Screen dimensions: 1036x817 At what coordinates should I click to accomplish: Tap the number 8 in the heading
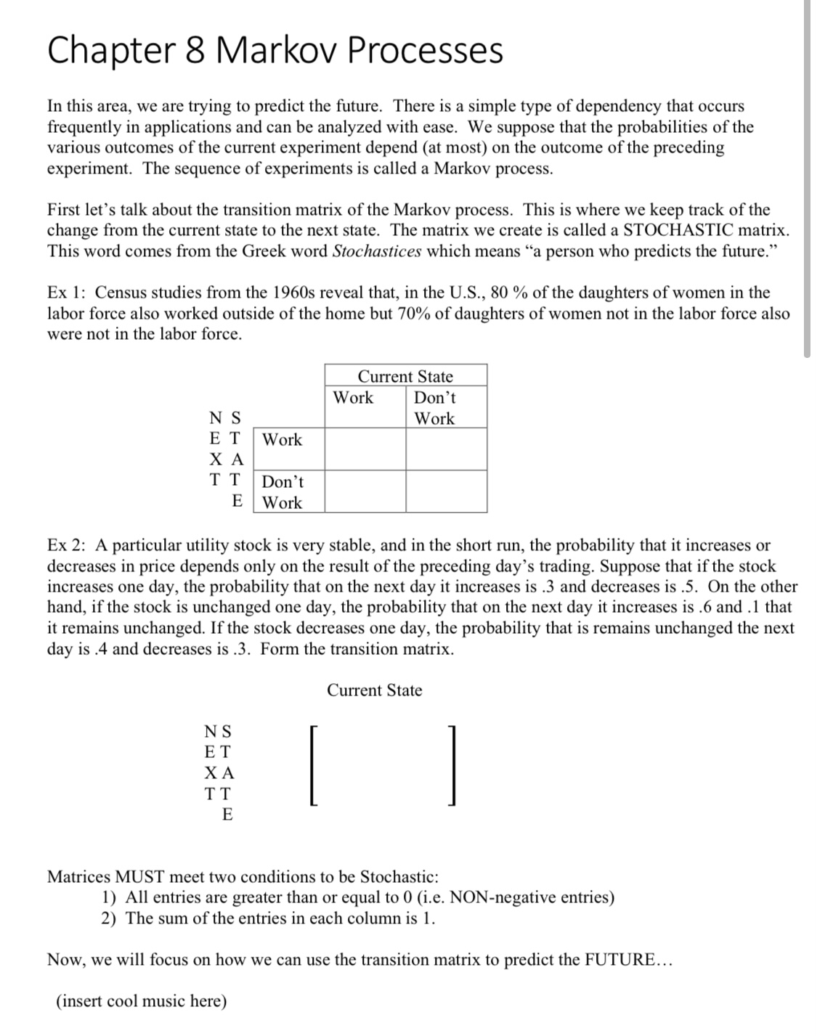[195, 50]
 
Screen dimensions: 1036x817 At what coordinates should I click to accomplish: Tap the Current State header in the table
[405, 376]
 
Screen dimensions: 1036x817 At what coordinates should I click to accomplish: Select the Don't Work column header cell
[446, 407]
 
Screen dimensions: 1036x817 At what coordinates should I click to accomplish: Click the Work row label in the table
[283, 439]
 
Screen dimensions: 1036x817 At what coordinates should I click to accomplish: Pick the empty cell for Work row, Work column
[365, 449]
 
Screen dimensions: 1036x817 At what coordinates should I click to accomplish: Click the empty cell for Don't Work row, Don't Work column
[446, 492]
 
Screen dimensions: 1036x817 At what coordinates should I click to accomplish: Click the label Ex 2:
[68, 545]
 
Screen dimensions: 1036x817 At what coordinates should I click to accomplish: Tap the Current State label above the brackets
[374, 690]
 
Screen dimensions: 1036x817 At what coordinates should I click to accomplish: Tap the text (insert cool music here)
[142, 1001]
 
